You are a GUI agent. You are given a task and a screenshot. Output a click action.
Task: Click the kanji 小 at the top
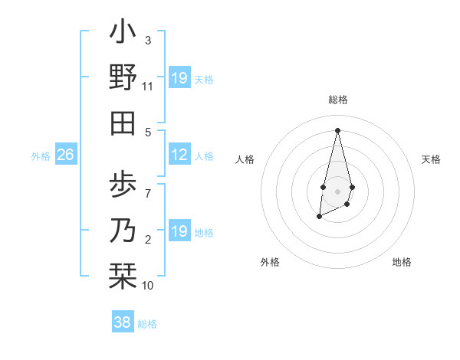coord(123,33)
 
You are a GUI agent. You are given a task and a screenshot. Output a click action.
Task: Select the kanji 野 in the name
coord(123,77)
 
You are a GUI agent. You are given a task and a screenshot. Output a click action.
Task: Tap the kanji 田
coord(123,122)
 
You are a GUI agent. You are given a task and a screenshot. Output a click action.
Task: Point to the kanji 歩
coord(123,183)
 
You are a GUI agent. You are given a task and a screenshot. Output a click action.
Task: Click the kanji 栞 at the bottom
coord(123,273)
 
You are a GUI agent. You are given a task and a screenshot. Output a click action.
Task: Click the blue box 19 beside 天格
coord(179,78)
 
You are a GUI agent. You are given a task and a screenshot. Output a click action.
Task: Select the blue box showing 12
coord(179,155)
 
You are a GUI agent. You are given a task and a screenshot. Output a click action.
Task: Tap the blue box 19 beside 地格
coord(179,231)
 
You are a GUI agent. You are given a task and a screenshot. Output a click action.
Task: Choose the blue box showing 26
coord(66,155)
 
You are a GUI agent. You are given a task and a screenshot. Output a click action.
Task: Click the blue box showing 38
coord(122,322)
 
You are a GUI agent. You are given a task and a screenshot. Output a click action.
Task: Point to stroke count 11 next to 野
coord(148,87)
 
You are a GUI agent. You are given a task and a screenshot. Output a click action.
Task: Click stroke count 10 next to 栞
coord(148,286)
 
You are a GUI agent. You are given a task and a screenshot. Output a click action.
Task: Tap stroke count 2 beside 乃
coord(148,241)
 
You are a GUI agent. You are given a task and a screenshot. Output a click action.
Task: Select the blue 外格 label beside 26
coord(41,156)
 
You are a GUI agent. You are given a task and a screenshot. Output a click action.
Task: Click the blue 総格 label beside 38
coord(147,324)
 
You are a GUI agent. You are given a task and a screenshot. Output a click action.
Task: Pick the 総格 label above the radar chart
coord(338,100)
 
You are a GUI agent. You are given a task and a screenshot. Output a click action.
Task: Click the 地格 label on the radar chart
coord(402,262)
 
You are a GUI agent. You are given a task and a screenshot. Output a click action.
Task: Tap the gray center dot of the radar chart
coord(337,191)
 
